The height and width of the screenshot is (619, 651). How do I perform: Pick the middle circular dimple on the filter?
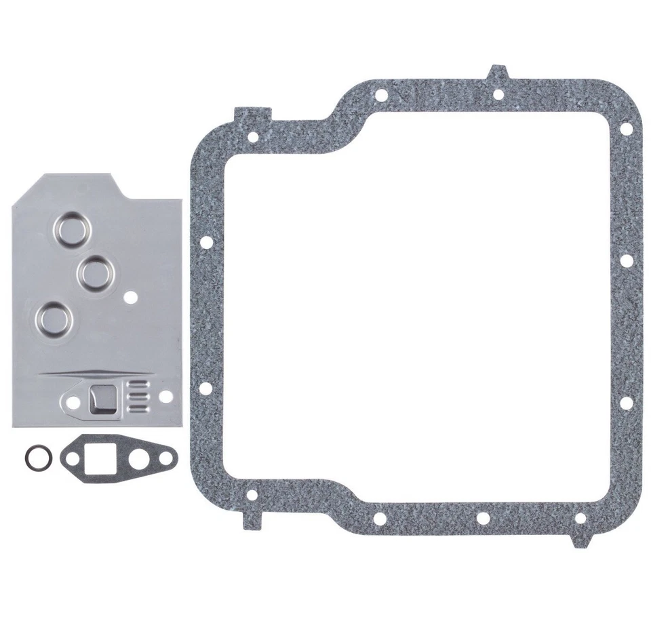point(93,273)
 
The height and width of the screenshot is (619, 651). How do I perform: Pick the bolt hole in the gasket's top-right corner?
point(626,127)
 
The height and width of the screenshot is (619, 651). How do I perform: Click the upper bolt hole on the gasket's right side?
point(626,260)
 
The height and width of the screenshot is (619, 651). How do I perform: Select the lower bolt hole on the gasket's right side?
point(626,403)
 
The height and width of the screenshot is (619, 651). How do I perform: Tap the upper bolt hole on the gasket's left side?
point(206,242)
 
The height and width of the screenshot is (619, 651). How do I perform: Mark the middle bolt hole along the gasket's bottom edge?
point(483,519)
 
